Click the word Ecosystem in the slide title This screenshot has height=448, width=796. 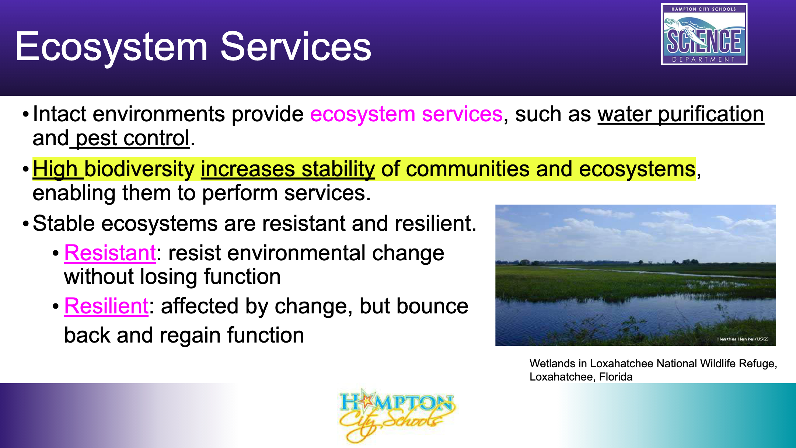point(112,48)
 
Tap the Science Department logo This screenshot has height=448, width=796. point(704,34)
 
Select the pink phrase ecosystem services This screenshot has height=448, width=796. point(406,114)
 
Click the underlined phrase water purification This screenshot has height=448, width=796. point(681,114)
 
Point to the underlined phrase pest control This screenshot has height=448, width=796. point(132,139)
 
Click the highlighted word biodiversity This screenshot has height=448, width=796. point(139,170)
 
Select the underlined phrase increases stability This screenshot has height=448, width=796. point(288,170)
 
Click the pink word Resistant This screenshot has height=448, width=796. point(110,253)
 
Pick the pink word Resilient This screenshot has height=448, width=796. point(107,306)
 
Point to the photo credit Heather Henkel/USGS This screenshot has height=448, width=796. point(743,339)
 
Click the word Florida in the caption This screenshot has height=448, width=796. point(616,377)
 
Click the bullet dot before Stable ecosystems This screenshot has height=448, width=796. point(25,224)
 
